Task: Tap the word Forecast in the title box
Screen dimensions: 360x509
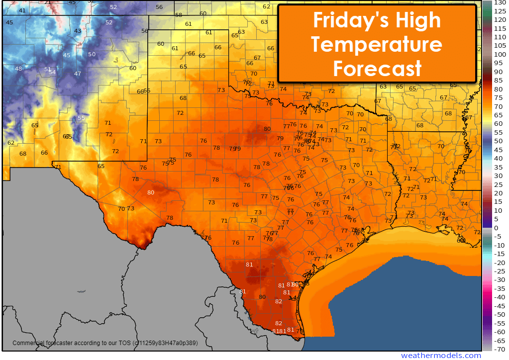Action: pyautogui.click(x=377, y=68)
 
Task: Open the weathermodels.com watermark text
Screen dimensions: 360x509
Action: pyautogui.click(x=441, y=355)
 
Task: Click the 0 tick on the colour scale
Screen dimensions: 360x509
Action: pyautogui.click(x=496, y=228)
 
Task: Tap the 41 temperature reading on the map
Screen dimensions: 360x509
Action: pyautogui.click(x=22, y=10)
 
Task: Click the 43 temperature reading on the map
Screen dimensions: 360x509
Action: pyautogui.click(x=77, y=31)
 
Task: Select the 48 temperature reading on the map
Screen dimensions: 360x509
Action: pyautogui.click(x=18, y=69)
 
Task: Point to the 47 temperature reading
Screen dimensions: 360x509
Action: pyautogui.click(x=77, y=74)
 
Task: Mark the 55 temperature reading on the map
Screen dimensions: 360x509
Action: pyautogui.click(x=81, y=118)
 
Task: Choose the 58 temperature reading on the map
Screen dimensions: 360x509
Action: pyautogui.click(x=178, y=15)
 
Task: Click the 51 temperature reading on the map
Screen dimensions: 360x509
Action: pyautogui.click(x=48, y=69)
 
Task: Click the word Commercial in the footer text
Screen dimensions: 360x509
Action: pyautogui.click(x=29, y=343)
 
